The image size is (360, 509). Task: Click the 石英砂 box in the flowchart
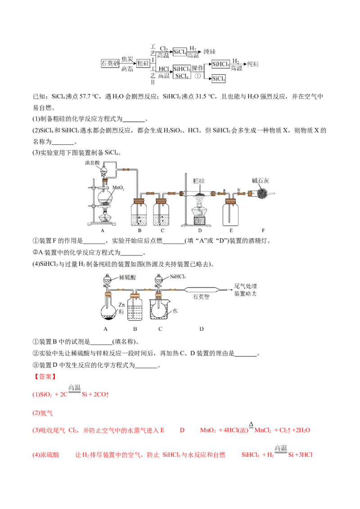[110, 63]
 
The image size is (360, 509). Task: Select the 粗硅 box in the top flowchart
[143, 63]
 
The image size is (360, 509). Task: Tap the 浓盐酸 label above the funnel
[92, 162]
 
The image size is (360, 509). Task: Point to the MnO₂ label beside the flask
[118, 188]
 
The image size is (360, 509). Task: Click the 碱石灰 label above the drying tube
[261, 181]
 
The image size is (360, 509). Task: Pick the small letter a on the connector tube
[224, 190]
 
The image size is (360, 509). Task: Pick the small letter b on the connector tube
[238, 190]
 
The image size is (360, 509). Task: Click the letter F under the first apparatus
[263, 231]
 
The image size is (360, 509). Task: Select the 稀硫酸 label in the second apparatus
[127, 277]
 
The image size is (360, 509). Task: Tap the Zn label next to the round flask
[121, 305]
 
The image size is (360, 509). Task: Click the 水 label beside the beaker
[175, 311]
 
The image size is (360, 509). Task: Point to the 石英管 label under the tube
[201, 297]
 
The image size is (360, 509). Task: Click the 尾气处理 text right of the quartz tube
[246, 286]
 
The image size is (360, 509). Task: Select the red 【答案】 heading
[45, 376]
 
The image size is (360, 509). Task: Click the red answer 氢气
[46, 413]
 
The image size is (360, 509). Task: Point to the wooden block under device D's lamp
[200, 221]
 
